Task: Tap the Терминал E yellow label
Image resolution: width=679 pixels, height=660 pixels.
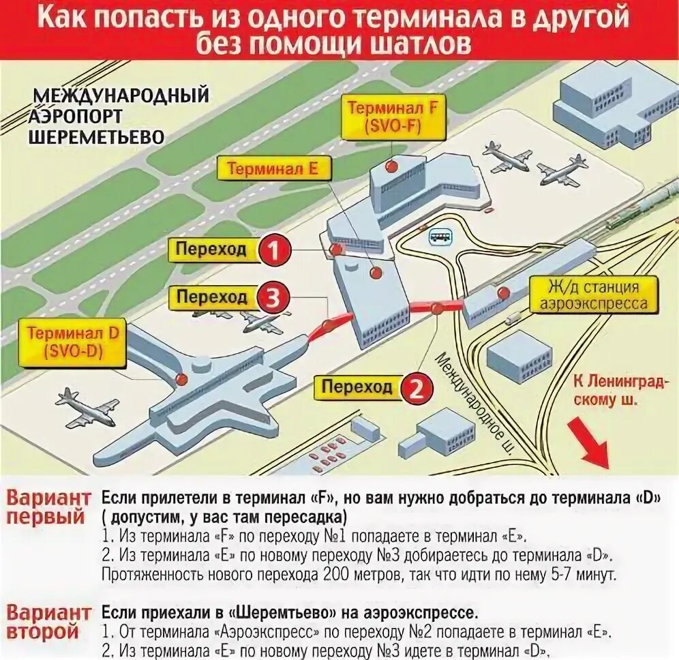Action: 272,169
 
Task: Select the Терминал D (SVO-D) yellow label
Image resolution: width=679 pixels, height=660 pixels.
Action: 74,342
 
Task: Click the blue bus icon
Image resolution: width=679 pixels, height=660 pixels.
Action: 440,237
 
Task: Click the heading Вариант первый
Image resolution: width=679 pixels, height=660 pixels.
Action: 48,506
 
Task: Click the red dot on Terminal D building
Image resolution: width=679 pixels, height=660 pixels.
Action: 181,378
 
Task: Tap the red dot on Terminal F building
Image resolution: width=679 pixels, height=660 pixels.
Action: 391,166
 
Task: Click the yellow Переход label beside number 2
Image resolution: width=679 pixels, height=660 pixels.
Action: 357,388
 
